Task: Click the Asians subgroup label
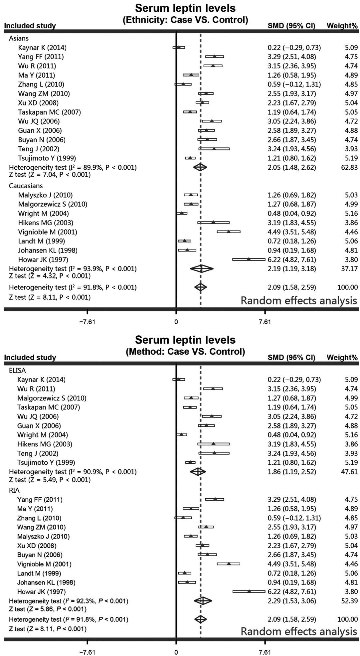click(x=19, y=38)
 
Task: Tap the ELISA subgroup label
click(x=17, y=370)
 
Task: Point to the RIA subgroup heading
click(x=15, y=490)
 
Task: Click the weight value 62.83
click(x=349, y=167)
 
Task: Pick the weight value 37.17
click(x=349, y=268)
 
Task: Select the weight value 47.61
click(x=349, y=471)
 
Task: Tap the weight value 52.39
click(x=349, y=601)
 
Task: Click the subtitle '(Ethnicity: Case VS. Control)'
click(x=185, y=20)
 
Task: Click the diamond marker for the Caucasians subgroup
click(x=202, y=268)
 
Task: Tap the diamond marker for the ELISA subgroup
click(x=198, y=471)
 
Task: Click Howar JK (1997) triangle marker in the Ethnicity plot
click(x=249, y=259)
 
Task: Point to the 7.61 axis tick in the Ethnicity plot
click(x=265, y=322)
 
